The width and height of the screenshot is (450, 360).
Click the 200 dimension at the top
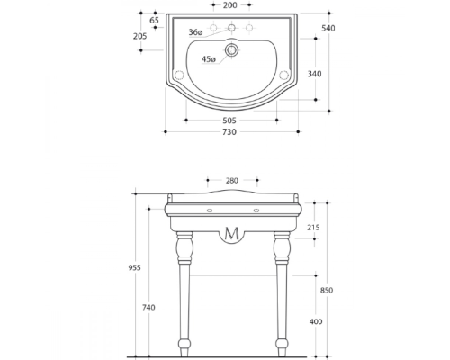(x=230, y=5)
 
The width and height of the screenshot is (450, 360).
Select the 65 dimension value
(x=154, y=21)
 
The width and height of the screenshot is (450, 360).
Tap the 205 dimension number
(x=140, y=36)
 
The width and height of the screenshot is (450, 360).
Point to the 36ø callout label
(x=195, y=32)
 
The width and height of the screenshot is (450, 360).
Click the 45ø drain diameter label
(x=209, y=59)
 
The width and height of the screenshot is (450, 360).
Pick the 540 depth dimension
(x=328, y=28)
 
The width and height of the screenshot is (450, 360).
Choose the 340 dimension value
(x=314, y=74)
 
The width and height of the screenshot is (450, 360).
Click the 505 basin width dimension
(x=229, y=121)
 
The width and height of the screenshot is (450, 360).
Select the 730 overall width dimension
(x=229, y=132)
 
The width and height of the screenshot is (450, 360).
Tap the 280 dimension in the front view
(x=232, y=181)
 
